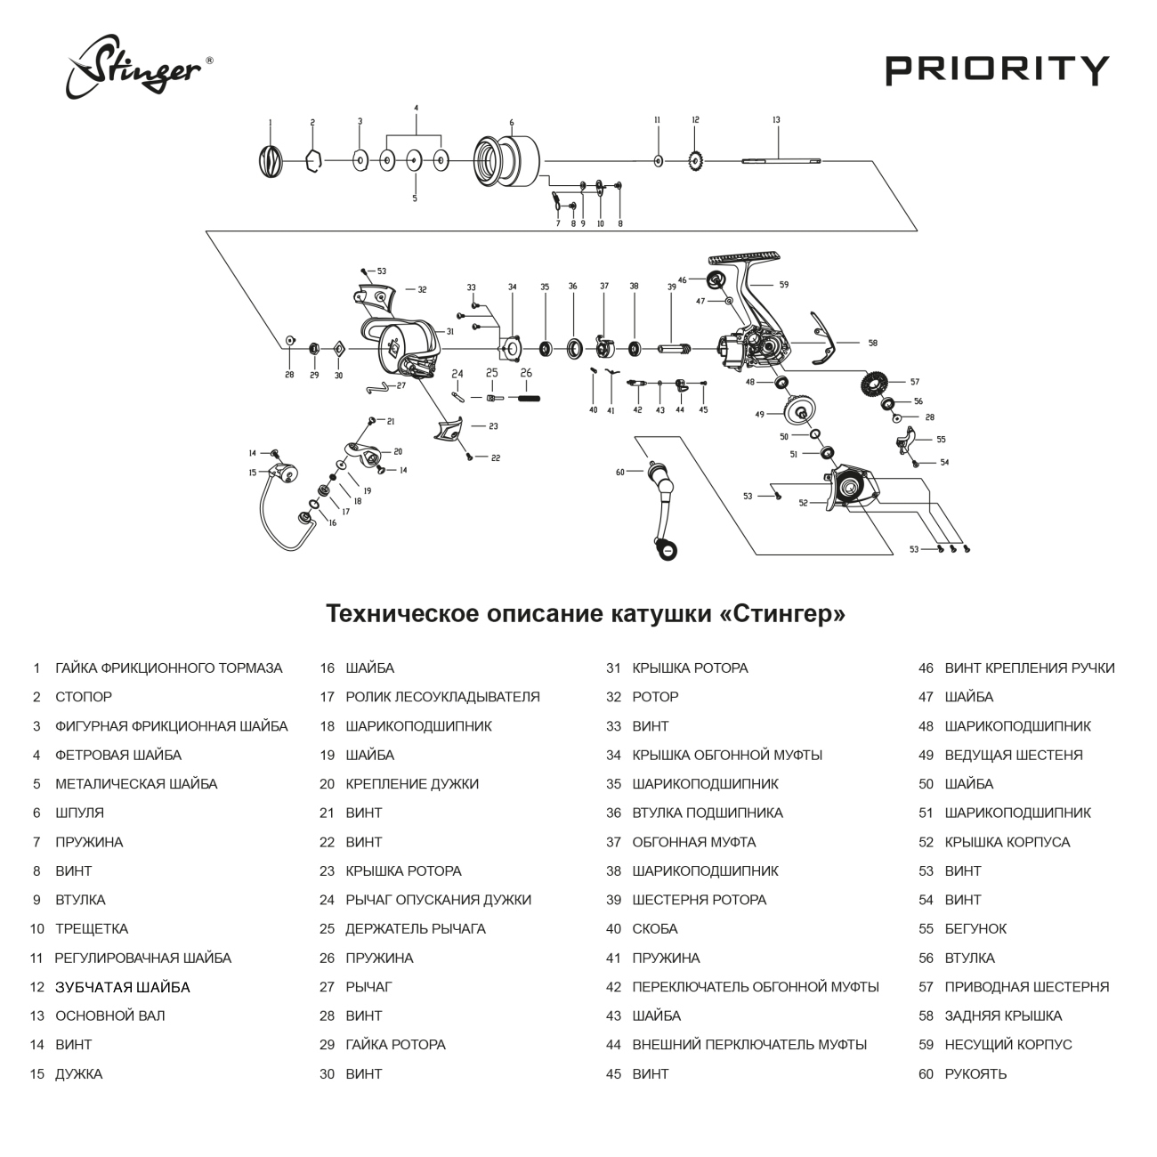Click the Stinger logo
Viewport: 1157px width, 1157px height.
(139, 68)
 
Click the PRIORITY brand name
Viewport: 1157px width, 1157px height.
(997, 70)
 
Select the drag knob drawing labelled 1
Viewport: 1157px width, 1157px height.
(271, 161)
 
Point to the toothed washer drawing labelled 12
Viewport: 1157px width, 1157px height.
(695, 161)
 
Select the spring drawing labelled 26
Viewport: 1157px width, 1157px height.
(526, 398)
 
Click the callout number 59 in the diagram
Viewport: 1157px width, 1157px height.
(784, 285)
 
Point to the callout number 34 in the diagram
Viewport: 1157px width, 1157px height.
(512, 287)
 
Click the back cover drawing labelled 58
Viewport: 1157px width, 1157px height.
(823, 339)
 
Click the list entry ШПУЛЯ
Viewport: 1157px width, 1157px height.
(79, 813)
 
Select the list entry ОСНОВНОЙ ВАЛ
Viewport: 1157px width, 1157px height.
(109, 1015)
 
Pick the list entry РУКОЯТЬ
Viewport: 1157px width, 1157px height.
(975, 1073)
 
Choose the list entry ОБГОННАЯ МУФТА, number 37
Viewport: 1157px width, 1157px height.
(693, 842)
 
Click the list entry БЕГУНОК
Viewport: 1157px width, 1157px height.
(975, 928)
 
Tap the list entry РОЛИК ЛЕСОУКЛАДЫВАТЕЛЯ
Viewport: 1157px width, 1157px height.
(442, 697)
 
